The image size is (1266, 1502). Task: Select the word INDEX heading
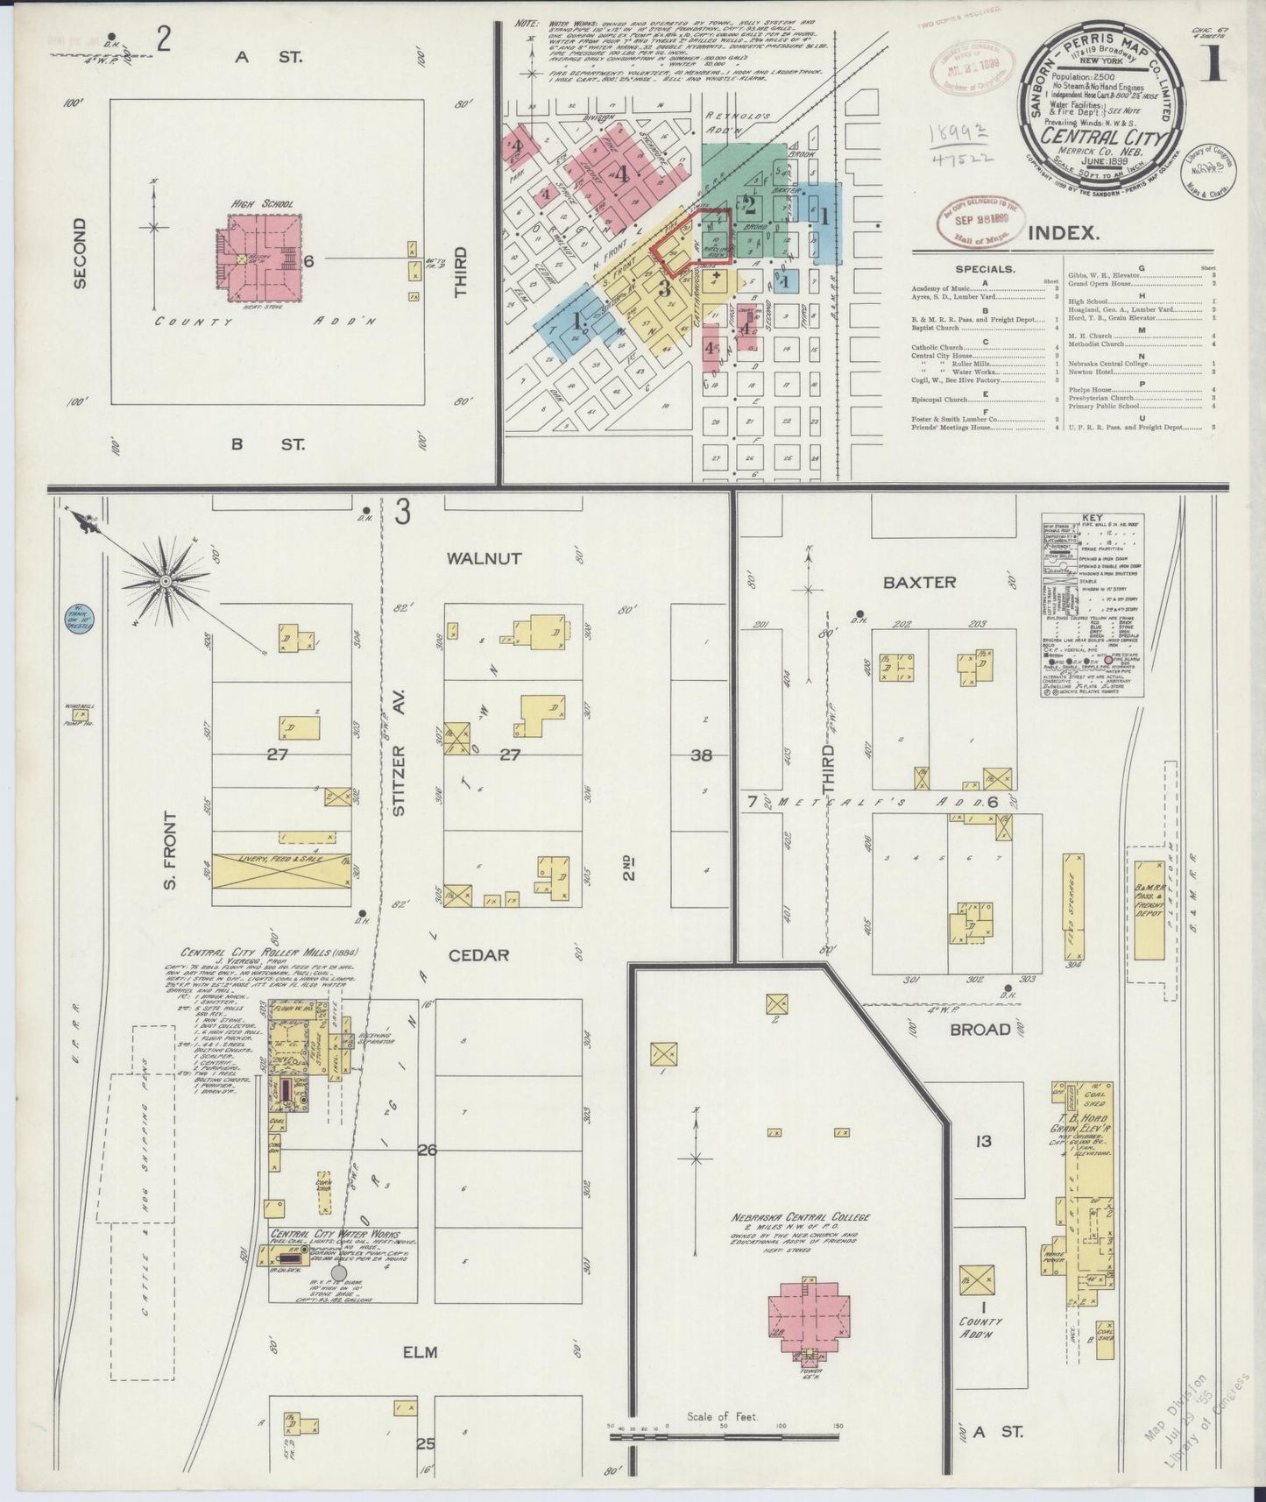[1063, 233]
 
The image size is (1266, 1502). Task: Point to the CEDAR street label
[478, 954]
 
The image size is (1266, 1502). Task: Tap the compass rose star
[166, 579]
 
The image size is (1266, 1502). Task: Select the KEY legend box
[1092, 606]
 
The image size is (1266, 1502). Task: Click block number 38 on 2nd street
[701, 755]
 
